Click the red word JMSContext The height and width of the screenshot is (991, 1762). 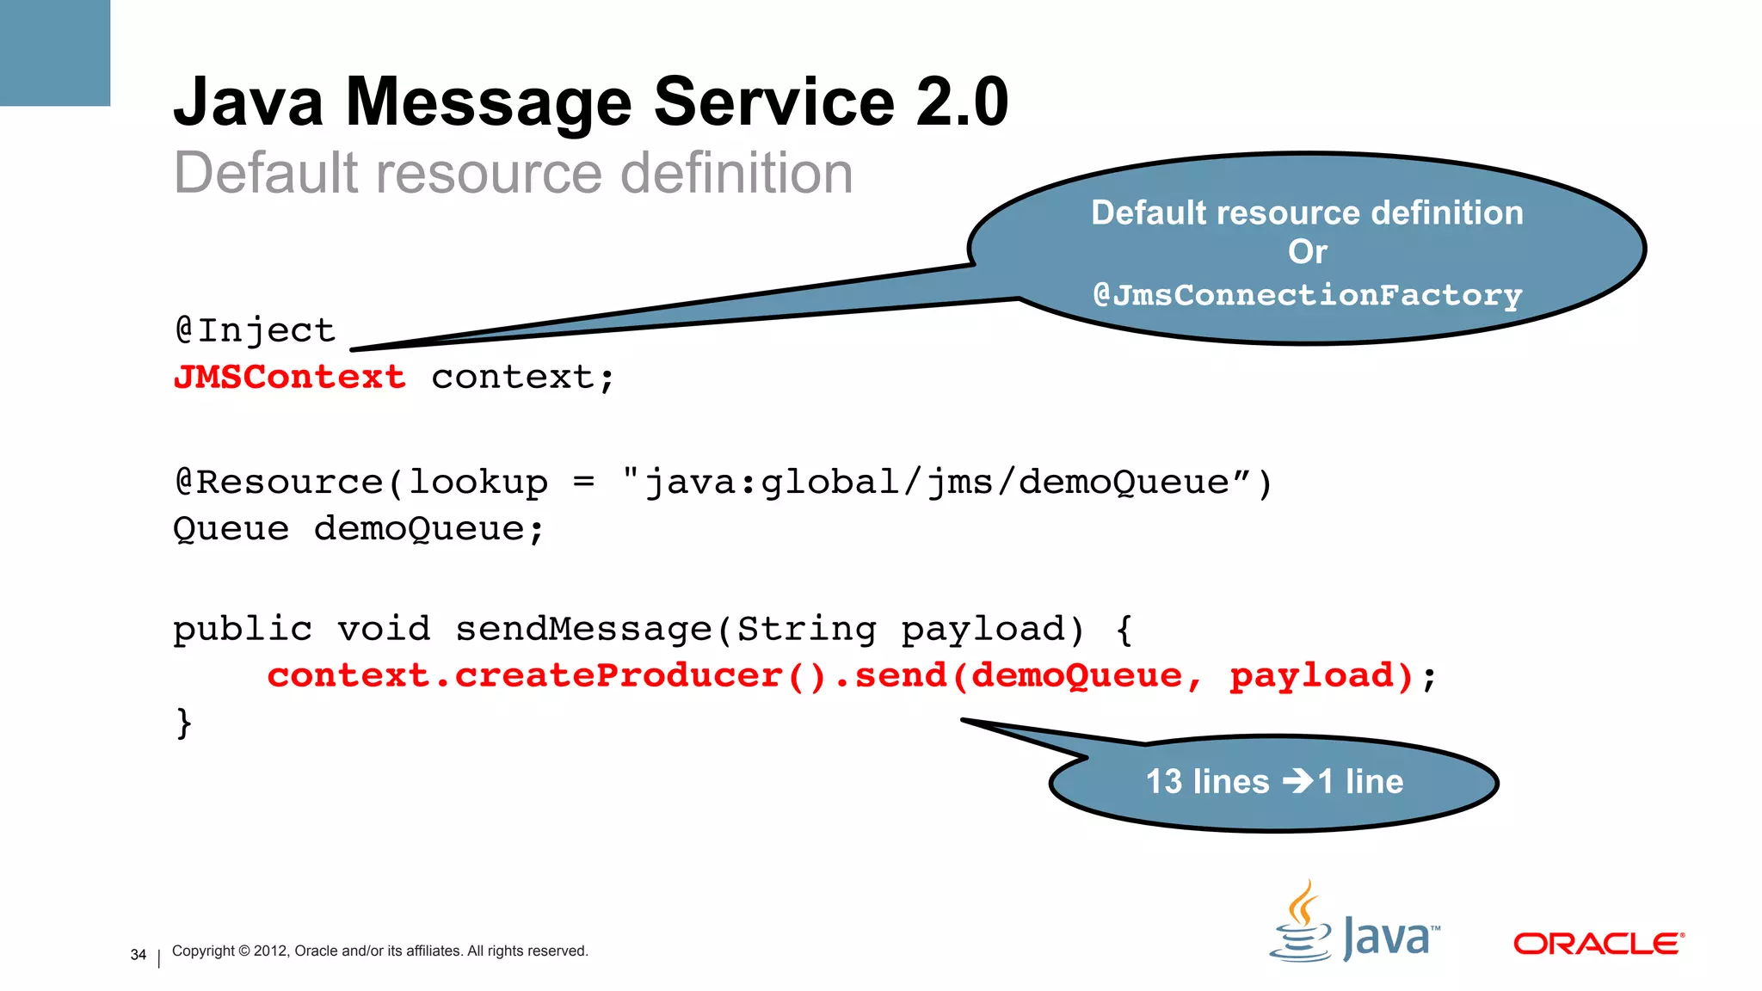coord(289,377)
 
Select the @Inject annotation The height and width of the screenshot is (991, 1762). coord(255,330)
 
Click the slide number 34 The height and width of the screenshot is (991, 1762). coord(139,955)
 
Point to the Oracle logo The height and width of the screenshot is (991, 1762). coord(1599,944)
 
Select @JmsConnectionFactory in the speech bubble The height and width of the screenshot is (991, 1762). coord(1307,295)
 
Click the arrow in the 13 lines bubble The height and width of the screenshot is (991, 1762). coord(1298,781)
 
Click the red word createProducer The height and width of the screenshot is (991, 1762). coord(618,675)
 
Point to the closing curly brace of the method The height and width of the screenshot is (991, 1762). coord(183,723)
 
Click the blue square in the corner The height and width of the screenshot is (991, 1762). coord(55,52)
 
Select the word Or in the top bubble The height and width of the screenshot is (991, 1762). coord(1307,252)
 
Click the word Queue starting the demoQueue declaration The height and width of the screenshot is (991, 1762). coord(231,528)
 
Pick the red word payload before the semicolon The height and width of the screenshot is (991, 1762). coord(1310,676)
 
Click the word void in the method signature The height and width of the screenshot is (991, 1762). coord(384,629)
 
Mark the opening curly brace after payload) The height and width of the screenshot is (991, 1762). coord(1124,629)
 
